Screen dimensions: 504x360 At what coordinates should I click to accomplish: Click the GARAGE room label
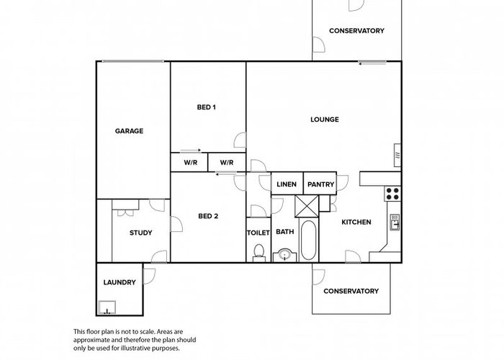129,131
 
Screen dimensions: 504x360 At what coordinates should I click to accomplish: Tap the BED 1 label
207,107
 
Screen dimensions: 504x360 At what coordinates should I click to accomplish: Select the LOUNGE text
325,120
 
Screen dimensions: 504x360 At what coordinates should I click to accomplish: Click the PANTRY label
321,184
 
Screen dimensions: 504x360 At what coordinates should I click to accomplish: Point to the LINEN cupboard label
287,184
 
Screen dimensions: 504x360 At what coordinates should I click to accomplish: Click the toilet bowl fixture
258,253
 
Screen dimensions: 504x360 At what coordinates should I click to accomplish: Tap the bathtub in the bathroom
309,240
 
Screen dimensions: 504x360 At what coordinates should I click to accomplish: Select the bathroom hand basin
285,255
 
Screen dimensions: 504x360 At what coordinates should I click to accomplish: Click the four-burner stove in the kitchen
392,194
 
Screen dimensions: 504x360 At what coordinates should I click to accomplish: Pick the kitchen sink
395,222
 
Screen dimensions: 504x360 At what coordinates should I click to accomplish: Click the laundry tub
107,307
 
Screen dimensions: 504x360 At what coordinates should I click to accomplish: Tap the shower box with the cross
307,206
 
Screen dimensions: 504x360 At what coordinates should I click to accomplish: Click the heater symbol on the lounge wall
397,156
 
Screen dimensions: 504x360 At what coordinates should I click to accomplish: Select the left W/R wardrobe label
191,163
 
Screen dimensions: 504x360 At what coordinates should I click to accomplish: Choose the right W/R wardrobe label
227,163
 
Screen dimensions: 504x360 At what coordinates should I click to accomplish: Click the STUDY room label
141,233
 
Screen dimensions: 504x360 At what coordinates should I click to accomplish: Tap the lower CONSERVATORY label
351,291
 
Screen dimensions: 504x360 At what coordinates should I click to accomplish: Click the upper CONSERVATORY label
357,31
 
